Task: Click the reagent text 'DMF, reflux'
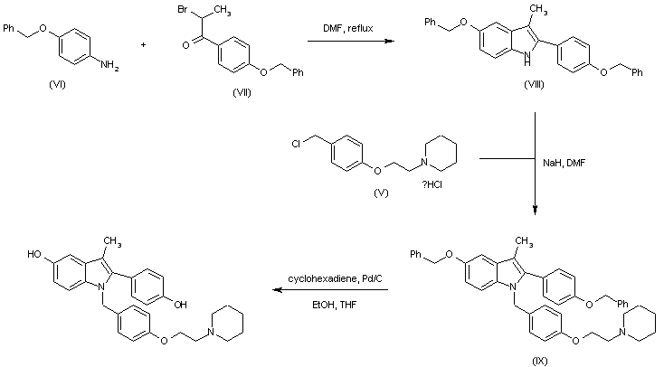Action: tap(341, 29)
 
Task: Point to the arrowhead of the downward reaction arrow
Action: tap(536, 211)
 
